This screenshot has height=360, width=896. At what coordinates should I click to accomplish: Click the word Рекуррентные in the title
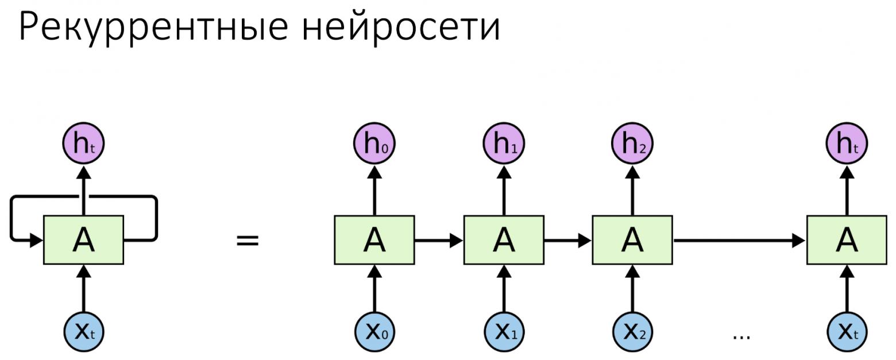pyautogui.click(x=152, y=28)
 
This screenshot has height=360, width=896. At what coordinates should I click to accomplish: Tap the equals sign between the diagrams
pyautogui.click(x=248, y=240)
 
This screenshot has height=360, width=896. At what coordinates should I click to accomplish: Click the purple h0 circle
pyautogui.click(x=374, y=144)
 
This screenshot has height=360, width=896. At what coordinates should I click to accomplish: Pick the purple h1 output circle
pyautogui.click(x=504, y=144)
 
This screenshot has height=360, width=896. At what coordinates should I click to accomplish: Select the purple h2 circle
pyautogui.click(x=632, y=144)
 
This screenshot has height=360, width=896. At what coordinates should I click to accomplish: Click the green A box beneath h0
pyautogui.click(x=374, y=240)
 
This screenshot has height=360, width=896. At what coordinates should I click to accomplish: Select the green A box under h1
pyautogui.click(x=504, y=240)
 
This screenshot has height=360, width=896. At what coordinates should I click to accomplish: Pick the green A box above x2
pyautogui.click(x=632, y=240)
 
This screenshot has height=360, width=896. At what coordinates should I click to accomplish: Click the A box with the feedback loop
pyautogui.click(x=84, y=240)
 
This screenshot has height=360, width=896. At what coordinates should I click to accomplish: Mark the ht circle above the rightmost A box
pyautogui.click(x=847, y=144)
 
